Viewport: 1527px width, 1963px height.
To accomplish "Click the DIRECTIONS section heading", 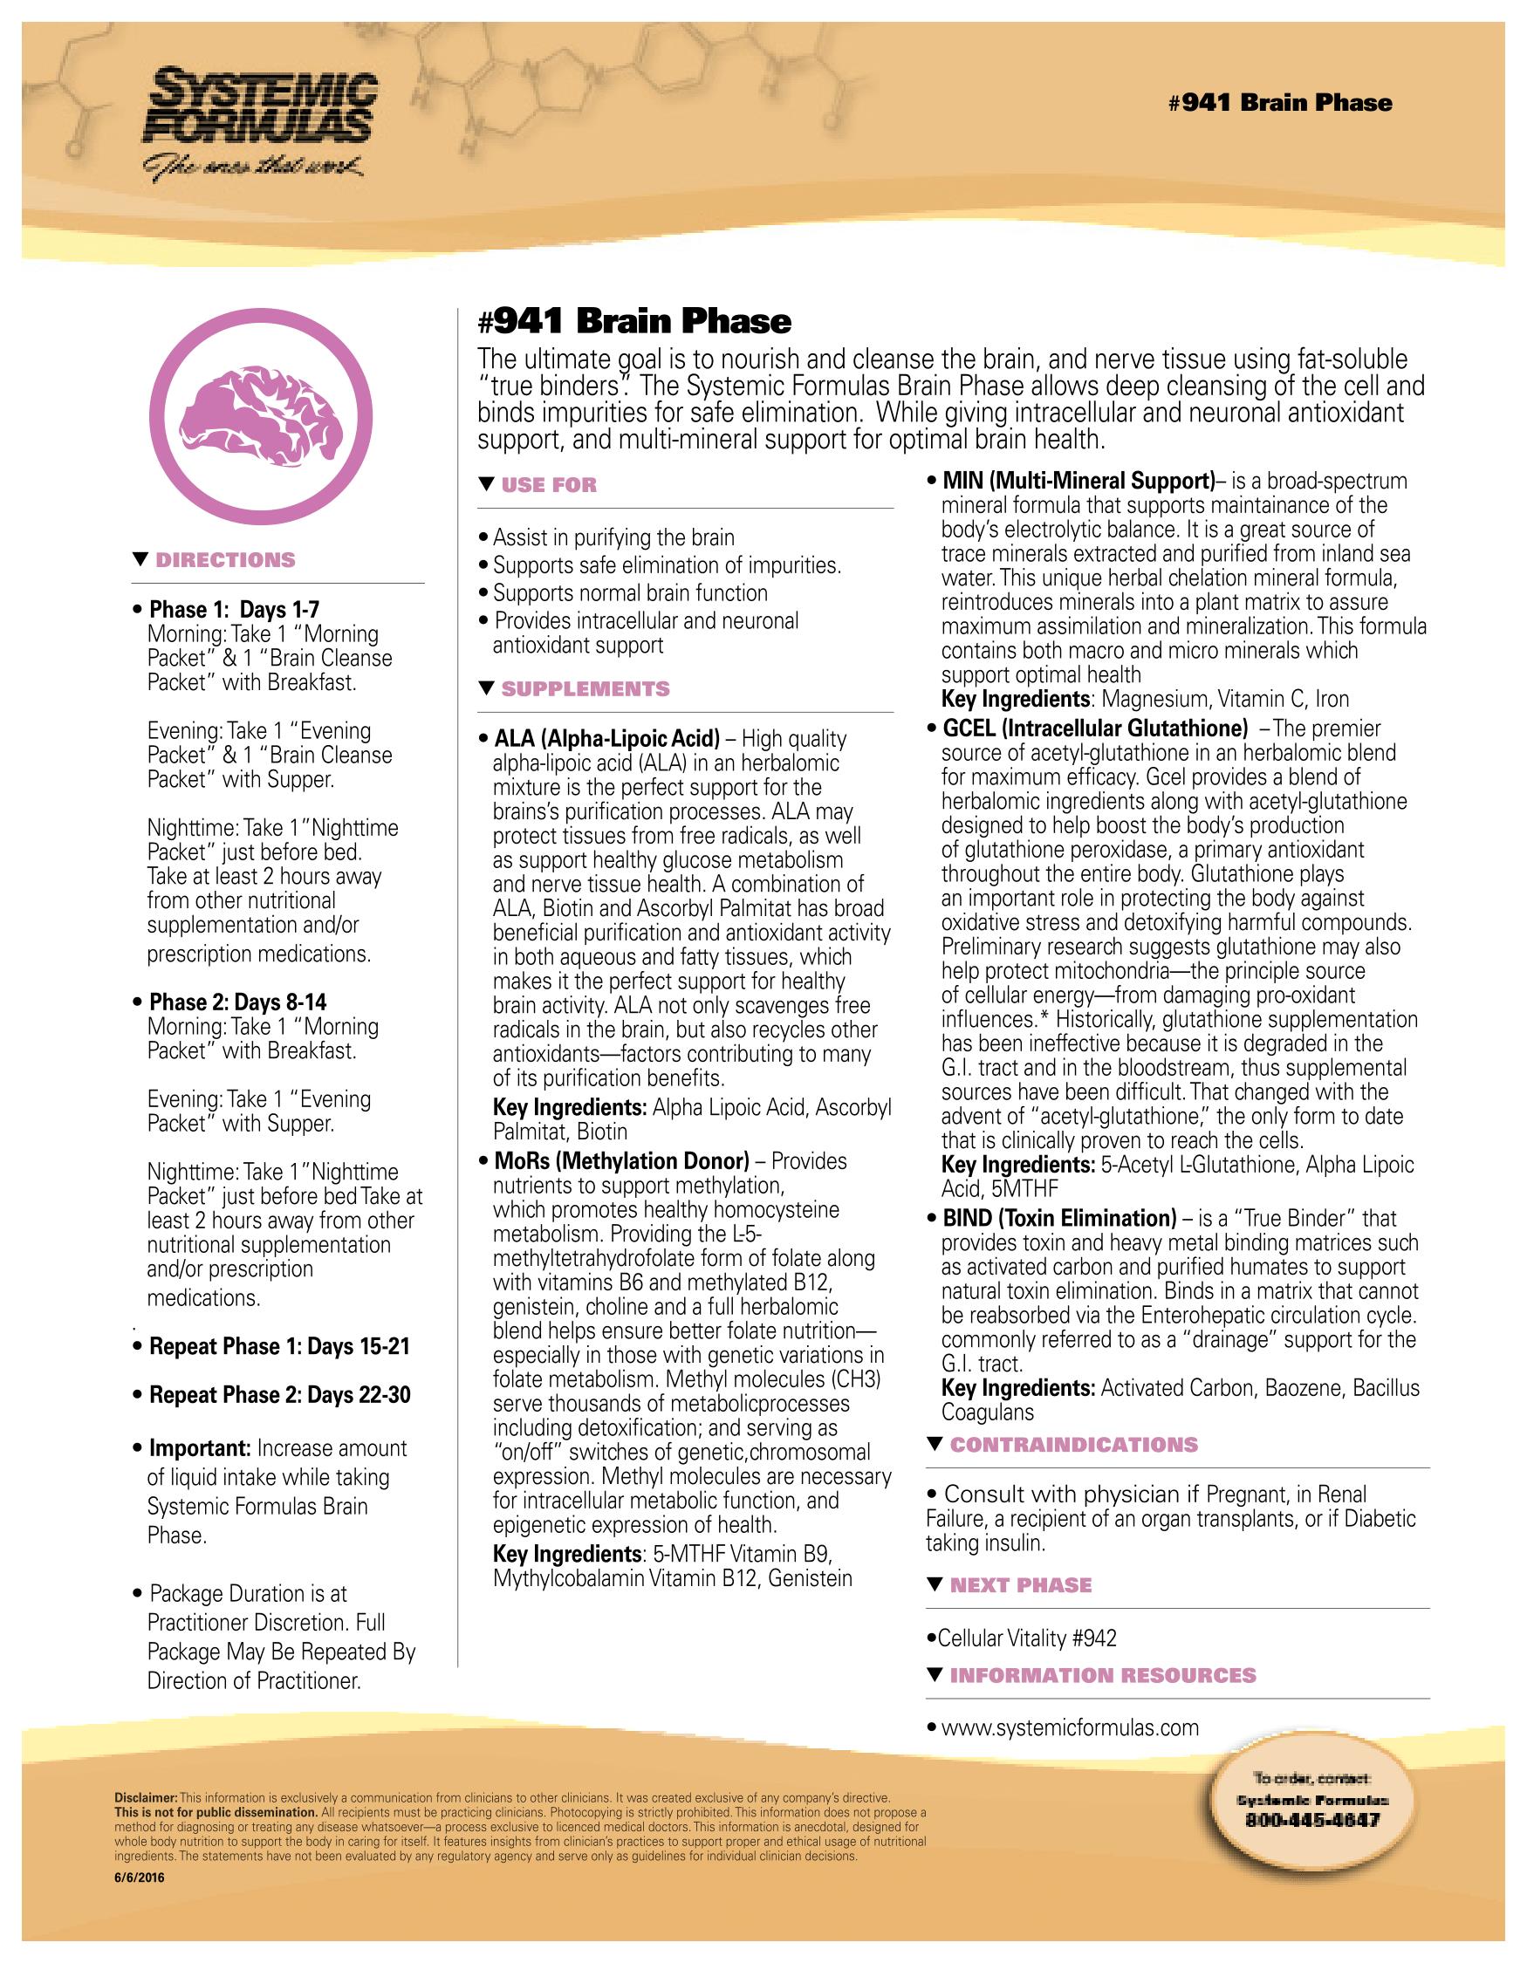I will (x=225, y=560).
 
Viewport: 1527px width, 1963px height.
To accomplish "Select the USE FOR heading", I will (x=548, y=485).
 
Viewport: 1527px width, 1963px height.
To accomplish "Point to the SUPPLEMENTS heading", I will (x=585, y=689).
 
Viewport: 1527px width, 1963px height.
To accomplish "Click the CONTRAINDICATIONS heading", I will (x=1073, y=1446).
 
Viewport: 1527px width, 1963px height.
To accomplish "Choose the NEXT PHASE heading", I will (x=1020, y=1585).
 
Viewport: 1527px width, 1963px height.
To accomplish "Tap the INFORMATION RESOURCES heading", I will (x=1103, y=1675).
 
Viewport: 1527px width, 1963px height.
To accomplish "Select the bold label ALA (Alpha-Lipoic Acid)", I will (x=606, y=739).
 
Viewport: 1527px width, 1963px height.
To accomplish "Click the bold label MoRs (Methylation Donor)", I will (x=621, y=1161).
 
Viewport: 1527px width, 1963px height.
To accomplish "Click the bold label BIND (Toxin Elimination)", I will (x=1058, y=1219).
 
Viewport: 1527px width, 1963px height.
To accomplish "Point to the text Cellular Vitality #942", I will (x=1026, y=1638).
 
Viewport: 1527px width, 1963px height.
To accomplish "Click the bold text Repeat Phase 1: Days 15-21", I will (x=278, y=1346).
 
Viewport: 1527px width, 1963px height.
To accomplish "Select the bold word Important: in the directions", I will (x=200, y=1449).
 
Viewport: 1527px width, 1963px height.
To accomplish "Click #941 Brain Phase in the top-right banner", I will (x=1280, y=102).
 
